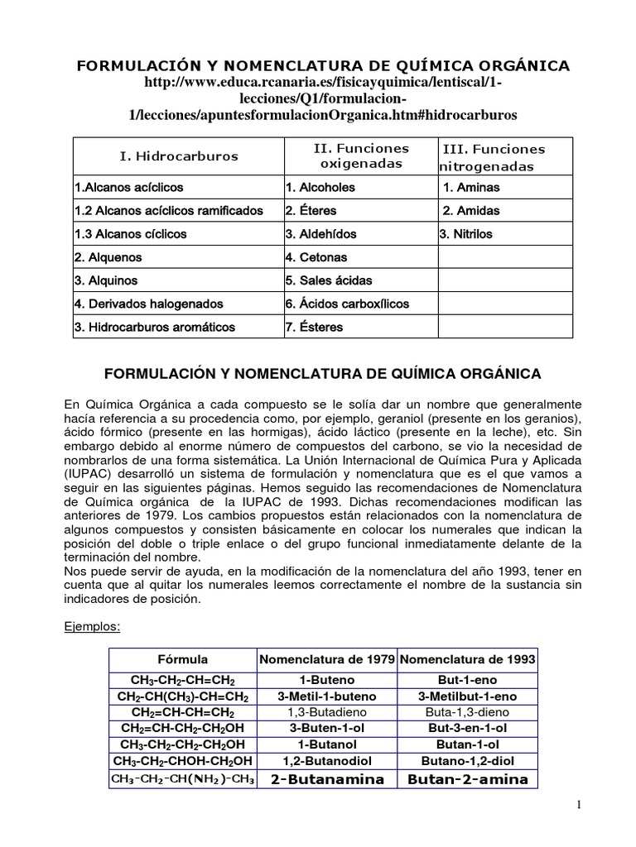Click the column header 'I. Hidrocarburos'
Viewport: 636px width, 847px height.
click(179, 156)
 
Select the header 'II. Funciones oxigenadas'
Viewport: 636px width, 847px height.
click(360, 156)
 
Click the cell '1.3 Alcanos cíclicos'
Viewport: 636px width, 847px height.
click(131, 234)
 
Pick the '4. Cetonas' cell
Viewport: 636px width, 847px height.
click(316, 257)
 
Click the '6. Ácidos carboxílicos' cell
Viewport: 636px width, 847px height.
click(347, 304)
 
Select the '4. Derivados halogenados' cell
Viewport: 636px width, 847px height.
click(148, 304)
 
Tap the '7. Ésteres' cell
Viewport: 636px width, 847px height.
click(314, 327)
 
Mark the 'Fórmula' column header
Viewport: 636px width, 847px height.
click(183, 659)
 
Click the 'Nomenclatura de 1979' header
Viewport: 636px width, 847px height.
click(328, 659)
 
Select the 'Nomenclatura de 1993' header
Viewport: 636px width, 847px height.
click(468, 659)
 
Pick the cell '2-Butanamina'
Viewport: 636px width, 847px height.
click(328, 779)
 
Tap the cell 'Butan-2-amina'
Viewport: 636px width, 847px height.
click(468, 779)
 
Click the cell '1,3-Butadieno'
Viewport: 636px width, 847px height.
click(328, 711)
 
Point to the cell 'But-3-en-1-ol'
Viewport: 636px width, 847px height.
click(468, 728)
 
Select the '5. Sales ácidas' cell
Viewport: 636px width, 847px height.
click(329, 280)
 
